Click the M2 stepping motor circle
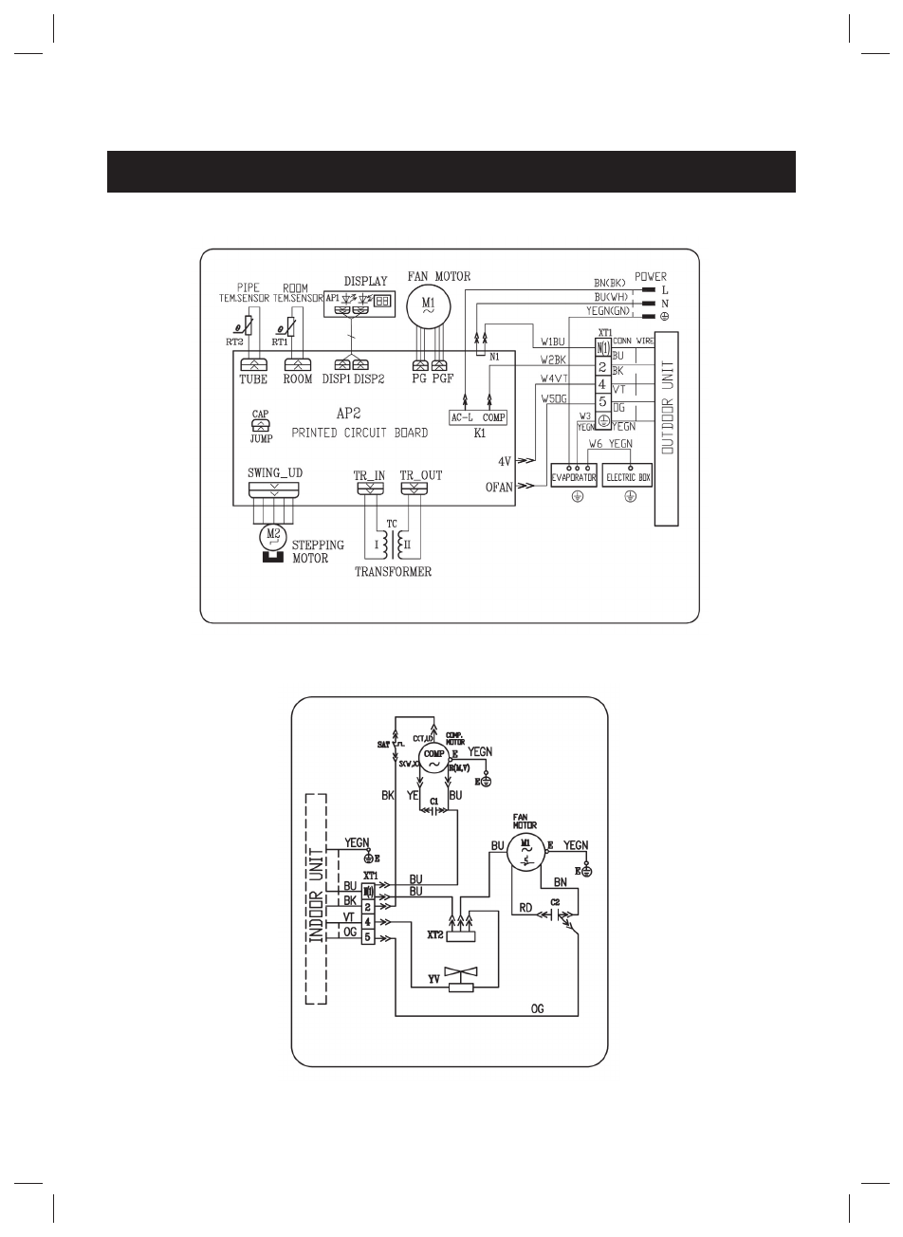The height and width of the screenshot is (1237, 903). click(x=273, y=535)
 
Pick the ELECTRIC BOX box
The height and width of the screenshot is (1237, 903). click(x=629, y=477)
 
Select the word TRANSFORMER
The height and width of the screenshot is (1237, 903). click(x=393, y=572)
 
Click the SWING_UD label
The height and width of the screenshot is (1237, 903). click(x=275, y=473)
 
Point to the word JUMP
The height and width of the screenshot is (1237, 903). click(x=261, y=439)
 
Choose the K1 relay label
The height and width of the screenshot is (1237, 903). click(x=480, y=434)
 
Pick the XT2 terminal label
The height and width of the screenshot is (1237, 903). click(x=435, y=934)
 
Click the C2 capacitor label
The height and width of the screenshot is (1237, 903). click(x=556, y=899)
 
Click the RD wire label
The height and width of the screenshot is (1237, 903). click(x=525, y=907)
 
